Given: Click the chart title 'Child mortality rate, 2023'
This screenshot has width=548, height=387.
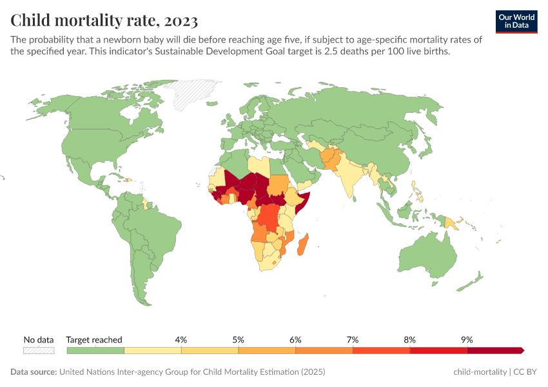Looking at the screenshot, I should point(104,20).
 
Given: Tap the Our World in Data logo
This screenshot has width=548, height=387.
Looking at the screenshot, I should point(516,21).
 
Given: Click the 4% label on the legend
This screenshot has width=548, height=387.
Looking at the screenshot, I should point(181,340).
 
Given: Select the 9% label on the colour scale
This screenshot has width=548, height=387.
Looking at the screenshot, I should point(467,340).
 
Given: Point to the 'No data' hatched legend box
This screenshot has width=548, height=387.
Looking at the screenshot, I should point(39,350).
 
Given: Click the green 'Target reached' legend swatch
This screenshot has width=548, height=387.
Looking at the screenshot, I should point(95,350).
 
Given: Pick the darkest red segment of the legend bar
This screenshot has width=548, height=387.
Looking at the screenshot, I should point(494,350).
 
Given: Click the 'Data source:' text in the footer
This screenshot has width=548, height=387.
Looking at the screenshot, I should point(34,372).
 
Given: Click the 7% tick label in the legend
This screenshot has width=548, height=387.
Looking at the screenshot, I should point(353,340).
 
